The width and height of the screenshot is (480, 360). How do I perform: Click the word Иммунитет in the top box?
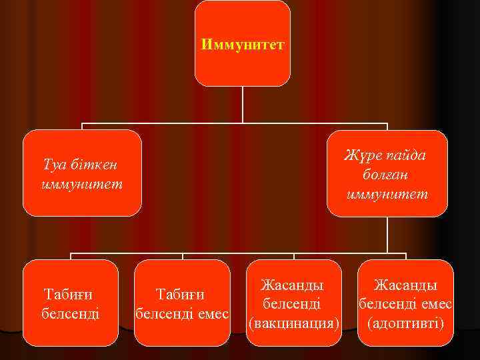243,45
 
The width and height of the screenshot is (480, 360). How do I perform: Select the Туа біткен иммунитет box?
82,173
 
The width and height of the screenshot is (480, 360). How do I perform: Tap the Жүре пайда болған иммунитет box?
387,173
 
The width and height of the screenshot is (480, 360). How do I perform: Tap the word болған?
387,175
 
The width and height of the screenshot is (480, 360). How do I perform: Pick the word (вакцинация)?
294,323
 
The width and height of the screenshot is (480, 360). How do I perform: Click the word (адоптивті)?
405,323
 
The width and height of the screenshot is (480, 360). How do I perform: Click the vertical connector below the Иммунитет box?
243,105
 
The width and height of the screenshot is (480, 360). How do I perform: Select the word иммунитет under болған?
387,194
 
